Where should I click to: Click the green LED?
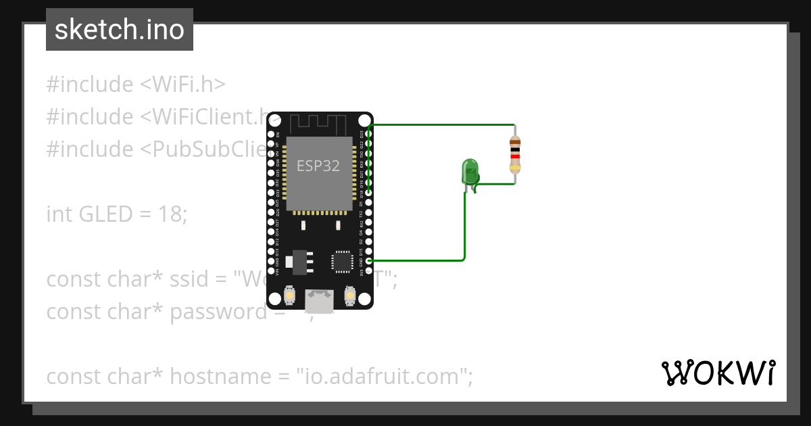click(x=470, y=171)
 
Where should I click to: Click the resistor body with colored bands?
click(x=515, y=154)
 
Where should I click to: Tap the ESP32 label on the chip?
click(x=318, y=166)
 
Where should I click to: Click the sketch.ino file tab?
click(x=120, y=30)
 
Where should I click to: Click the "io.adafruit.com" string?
click(x=384, y=377)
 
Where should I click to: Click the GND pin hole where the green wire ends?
click(x=368, y=260)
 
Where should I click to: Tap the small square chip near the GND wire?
click(x=341, y=261)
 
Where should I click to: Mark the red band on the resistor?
click(x=515, y=156)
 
